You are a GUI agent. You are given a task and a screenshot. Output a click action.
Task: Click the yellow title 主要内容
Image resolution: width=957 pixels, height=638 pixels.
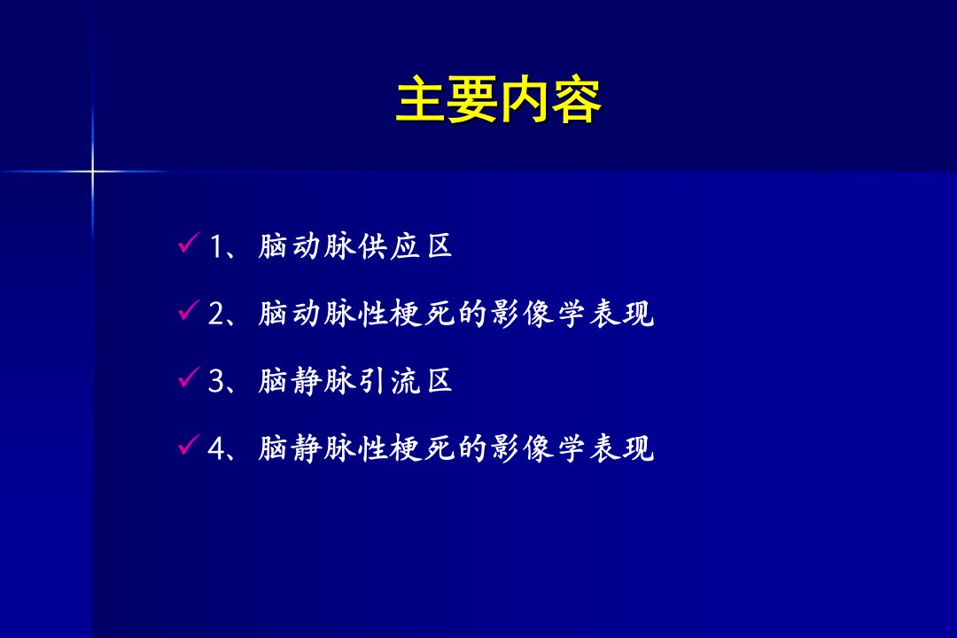499,100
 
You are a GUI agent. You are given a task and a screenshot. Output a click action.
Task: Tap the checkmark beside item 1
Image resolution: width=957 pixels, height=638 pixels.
189,243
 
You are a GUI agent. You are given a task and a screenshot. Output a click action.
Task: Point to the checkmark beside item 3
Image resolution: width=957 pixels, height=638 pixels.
189,377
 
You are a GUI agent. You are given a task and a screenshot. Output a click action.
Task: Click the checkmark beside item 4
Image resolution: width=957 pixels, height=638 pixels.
189,444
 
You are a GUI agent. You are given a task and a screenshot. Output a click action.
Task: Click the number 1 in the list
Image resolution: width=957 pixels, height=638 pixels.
216,247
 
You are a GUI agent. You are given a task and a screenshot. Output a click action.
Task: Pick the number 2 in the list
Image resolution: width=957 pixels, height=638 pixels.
217,314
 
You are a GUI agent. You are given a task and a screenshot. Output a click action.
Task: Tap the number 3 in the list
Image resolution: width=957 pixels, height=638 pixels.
217,381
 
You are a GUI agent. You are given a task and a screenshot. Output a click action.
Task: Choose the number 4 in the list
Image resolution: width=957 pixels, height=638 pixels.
217,448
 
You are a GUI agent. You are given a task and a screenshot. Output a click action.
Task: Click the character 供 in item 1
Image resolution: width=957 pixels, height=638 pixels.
372,246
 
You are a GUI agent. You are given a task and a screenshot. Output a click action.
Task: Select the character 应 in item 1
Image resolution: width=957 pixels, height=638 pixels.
405,246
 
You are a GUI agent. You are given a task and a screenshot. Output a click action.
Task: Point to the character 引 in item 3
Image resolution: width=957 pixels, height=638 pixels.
372,381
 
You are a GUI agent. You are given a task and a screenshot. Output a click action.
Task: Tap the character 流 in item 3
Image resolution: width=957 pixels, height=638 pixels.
405,381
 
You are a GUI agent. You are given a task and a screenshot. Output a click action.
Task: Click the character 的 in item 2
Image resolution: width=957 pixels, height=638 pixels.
472,314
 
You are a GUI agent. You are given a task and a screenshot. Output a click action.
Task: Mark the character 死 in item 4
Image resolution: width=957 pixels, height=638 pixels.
440,448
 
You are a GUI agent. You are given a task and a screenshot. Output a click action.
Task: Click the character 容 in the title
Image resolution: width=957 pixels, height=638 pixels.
577,100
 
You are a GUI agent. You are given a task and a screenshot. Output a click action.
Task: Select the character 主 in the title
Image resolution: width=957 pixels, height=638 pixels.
421,100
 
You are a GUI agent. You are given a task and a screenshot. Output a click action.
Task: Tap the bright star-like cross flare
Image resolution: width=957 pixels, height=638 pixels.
93,172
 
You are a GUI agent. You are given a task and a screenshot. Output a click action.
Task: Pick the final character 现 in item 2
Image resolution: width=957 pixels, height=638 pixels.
638,314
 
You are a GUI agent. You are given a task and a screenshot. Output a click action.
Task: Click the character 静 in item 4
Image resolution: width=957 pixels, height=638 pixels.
307,448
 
